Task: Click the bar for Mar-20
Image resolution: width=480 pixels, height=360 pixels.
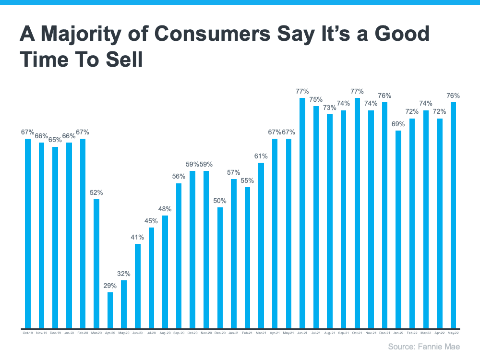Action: click(96, 264)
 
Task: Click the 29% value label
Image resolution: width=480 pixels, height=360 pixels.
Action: click(110, 286)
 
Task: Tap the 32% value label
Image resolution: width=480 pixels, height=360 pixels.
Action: click(124, 274)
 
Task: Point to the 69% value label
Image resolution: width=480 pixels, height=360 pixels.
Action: click(398, 124)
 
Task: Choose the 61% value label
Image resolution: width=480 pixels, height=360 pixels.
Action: click(261, 156)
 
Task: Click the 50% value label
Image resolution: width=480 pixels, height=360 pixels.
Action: click(220, 201)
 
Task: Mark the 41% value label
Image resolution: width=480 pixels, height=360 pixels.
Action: click(138, 237)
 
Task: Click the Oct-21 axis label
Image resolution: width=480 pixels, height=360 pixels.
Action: click(357, 332)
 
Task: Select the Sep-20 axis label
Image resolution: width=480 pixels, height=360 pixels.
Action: click(179, 332)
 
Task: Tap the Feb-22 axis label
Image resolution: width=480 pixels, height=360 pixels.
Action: click(412, 332)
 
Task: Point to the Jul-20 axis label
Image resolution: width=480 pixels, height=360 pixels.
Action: click(151, 332)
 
